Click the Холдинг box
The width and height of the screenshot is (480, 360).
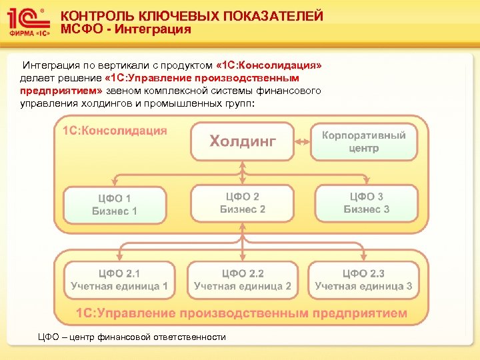242,141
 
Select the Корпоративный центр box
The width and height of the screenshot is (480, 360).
363,141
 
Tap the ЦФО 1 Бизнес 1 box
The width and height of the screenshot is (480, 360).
115,204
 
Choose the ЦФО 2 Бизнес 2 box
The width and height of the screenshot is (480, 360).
243,203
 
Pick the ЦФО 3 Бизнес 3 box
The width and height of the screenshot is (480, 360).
366,203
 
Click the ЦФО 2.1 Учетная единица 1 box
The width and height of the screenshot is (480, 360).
119,280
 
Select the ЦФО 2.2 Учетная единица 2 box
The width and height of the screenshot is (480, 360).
242,280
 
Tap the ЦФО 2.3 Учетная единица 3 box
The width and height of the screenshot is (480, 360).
363,280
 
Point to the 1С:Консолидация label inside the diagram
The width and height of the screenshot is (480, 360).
115,131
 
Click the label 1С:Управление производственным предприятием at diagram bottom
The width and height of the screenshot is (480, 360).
241,313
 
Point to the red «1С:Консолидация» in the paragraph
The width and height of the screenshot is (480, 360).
269,66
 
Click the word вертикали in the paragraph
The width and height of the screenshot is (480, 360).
124,66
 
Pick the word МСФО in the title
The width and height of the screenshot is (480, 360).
80,29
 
